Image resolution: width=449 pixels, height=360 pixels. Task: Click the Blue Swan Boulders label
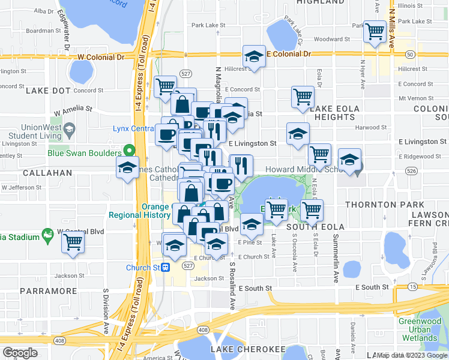pos(84,153)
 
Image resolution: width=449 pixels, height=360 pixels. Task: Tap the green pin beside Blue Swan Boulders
pos(128,151)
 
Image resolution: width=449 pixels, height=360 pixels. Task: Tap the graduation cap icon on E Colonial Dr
pos(254,57)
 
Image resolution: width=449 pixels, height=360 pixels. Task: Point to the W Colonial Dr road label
pos(101,57)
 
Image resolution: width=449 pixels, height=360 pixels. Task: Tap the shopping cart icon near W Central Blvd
pos(73,242)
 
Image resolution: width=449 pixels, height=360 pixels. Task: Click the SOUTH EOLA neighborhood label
pos(315,227)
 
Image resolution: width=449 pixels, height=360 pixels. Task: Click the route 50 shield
pos(410,55)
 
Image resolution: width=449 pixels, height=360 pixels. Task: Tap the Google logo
pos(20,353)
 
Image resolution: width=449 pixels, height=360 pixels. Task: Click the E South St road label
pos(255,289)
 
